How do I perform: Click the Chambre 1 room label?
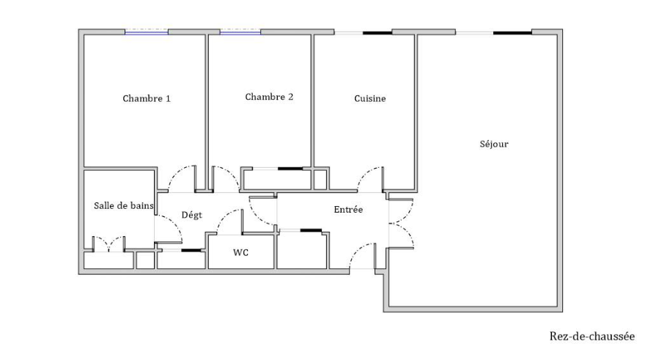pos(147,99)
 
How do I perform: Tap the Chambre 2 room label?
pos(269,98)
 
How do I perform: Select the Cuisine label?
pos(370,99)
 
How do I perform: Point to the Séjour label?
pos(494,144)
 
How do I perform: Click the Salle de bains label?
pos(124,205)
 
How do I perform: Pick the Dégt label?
pos(191,216)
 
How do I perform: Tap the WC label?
pos(241,253)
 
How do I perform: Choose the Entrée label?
pos(348,210)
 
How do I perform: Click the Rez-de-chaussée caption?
pos(592,337)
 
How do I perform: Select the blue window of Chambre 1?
pos(147,32)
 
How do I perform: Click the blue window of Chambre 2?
pos(240,32)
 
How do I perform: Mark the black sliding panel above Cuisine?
pos(378,32)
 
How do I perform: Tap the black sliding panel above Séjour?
pos(512,32)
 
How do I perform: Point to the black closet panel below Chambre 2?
pos(290,169)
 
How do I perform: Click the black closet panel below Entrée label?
pos(311,230)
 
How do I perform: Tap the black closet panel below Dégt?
pos(191,251)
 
